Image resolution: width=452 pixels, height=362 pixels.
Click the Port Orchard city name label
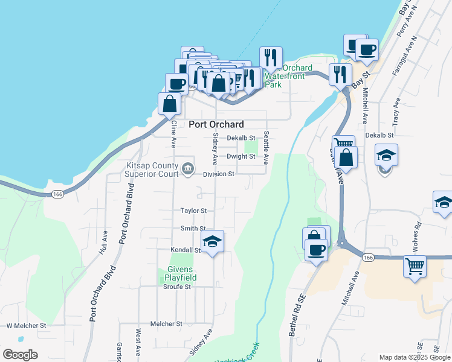(216, 124)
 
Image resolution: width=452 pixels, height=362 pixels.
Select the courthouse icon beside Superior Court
(188, 167)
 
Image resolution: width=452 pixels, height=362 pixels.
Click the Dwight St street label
(241, 156)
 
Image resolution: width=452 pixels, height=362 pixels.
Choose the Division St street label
(218, 174)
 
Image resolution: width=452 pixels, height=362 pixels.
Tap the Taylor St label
(193, 211)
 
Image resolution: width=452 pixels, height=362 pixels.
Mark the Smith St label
(193, 229)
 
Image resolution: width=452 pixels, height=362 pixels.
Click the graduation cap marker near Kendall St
(212, 243)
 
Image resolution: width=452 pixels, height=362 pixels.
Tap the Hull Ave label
(105, 241)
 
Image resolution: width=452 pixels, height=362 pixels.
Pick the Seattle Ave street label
(265, 148)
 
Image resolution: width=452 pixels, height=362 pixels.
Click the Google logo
(20, 355)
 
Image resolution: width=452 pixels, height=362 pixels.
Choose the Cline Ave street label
(173, 134)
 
